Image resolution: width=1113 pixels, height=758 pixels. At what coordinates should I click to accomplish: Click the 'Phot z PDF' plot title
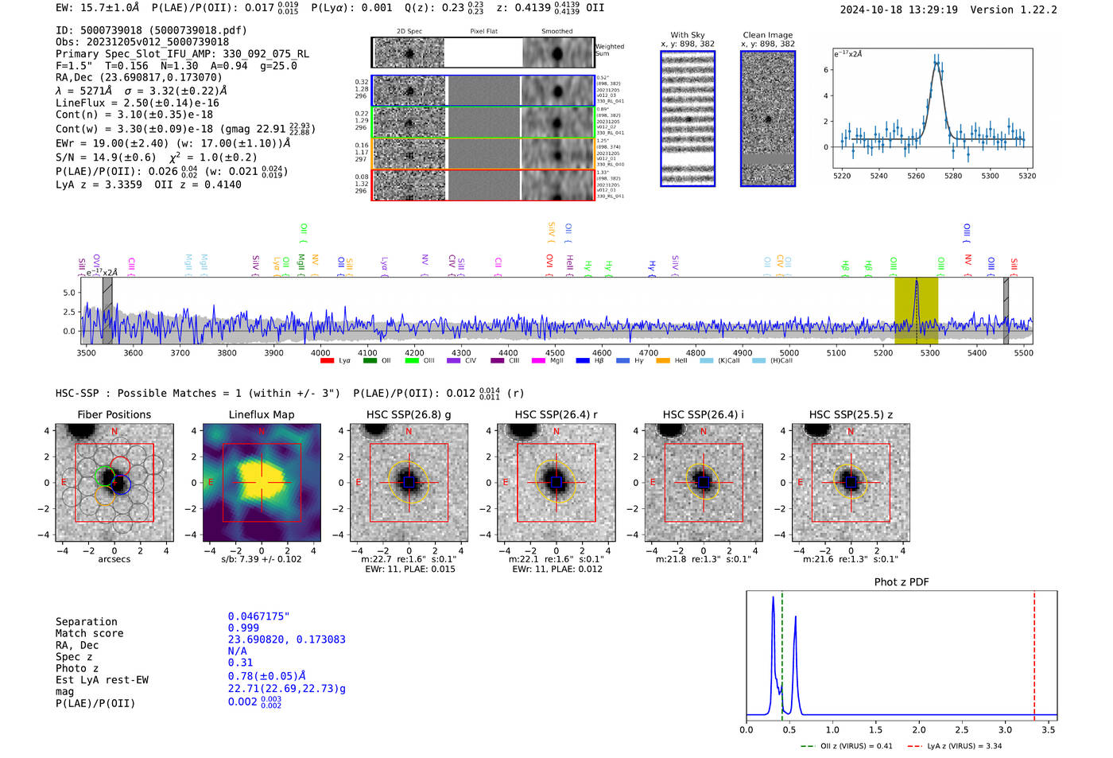tap(902, 582)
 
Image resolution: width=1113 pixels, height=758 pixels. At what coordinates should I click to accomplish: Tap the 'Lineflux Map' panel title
tap(262, 414)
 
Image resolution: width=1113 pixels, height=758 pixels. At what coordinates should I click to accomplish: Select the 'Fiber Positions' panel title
tap(114, 414)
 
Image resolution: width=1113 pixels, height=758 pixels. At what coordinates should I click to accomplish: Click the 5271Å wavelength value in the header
tap(95, 91)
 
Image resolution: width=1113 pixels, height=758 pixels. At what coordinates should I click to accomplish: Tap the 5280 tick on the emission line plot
tap(952, 176)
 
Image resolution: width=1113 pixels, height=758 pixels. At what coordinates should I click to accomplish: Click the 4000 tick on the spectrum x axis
tap(320, 352)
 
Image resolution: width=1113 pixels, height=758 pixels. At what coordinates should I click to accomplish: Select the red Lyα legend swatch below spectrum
tap(327, 361)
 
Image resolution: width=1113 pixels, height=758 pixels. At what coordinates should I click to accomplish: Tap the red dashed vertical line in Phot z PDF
tap(1034, 652)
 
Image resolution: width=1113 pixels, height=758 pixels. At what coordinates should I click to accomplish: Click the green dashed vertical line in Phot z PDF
tap(782, 652)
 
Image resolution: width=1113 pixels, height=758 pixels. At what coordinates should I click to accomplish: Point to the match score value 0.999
tap(243, 628)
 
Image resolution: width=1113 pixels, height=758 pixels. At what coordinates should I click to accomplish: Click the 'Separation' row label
tap(86, 622)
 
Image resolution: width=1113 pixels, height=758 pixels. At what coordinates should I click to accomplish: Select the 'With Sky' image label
tap(688, 35)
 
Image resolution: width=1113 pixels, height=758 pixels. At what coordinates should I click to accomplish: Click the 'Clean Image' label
tap(767, 35)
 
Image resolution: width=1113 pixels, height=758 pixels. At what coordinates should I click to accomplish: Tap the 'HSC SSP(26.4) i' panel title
tap(703, 414)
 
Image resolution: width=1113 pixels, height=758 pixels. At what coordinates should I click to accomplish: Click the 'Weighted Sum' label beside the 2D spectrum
tap(610, 50)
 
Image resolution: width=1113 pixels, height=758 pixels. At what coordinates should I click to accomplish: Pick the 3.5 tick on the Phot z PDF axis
tap(1049, 729)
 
